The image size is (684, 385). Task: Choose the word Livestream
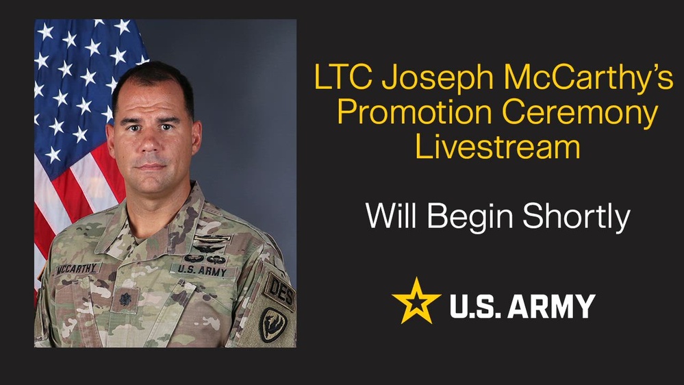point(498,147)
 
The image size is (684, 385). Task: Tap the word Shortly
point(577,217)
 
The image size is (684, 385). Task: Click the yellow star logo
point(416,301)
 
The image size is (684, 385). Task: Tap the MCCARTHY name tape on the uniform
point(77,269)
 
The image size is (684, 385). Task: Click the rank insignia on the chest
point(125,299)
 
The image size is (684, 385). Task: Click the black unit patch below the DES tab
point(273,325)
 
